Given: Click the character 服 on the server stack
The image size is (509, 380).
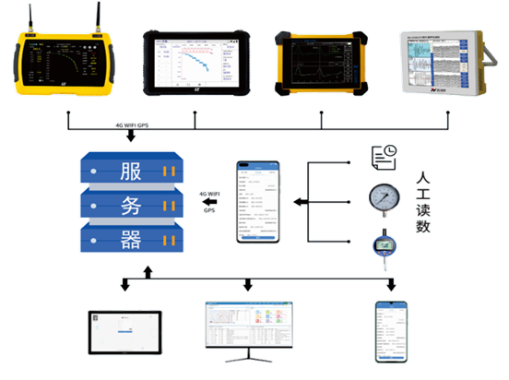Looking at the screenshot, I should [130, 172].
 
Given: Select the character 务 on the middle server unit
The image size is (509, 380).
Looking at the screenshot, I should [130, 206].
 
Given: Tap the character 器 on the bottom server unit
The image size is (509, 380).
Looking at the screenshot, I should [130, 240].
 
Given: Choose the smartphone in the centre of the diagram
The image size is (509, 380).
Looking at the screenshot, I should [257, 201].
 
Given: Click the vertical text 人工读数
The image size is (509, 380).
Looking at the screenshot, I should [423, 201].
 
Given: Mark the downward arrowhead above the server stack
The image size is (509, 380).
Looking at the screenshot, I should [130, 138].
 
